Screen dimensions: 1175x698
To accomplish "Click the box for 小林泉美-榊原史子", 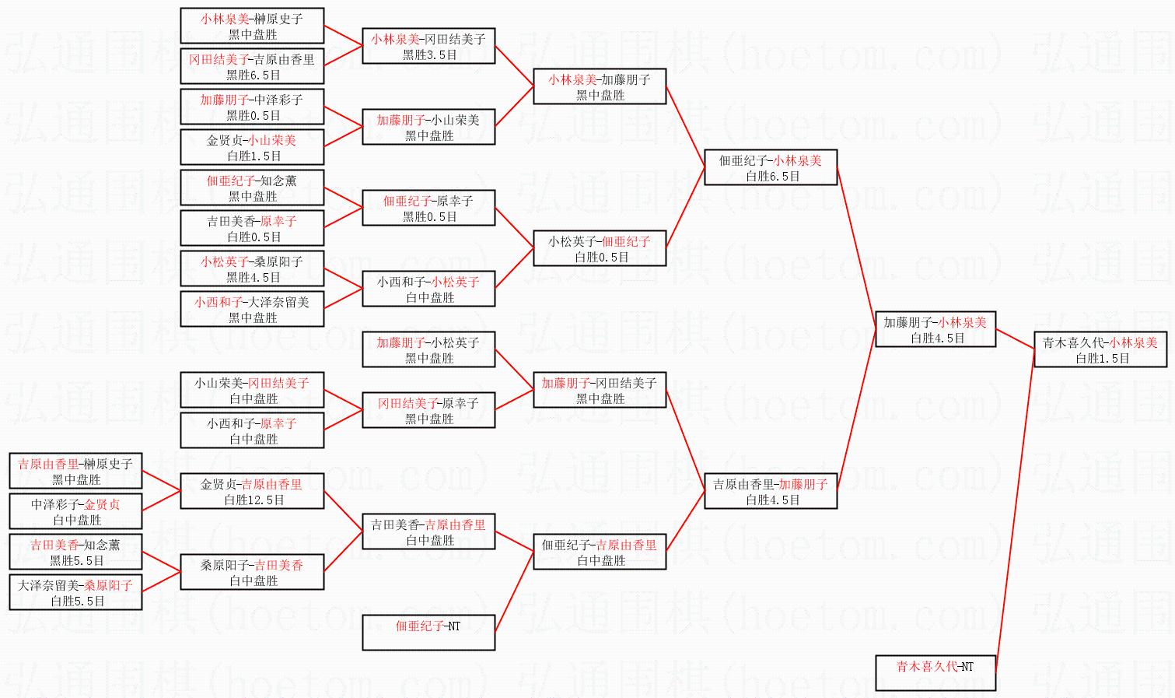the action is [x=252, y=26].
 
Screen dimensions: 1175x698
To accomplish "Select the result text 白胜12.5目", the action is [x=254, y=500].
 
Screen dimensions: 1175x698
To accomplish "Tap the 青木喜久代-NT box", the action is [x=935, y=673].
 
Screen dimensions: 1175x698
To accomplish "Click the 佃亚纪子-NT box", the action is [x=428, y=633].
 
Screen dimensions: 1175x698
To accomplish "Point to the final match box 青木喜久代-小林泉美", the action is [x=1100, y=349].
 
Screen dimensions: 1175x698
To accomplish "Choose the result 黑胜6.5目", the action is [x=254, y=75].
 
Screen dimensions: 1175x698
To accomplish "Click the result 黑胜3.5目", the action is [x=429, y=55].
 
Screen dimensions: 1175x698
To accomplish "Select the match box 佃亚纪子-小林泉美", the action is [x=771, y=167].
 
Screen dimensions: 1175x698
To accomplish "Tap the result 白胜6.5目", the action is [x=773, y=177].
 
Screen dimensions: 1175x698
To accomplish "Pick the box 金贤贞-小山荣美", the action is [x=252, y=147].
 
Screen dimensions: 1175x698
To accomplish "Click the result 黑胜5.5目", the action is [x=76, y=561].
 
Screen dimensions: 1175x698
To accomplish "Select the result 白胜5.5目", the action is [x=77, y=602].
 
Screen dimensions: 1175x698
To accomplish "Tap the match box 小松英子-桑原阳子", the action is [x=252, y=268].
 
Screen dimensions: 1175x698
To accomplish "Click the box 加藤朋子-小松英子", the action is [x=428, y=349].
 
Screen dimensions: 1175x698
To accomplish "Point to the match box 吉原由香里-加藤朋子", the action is [x=771, y=491].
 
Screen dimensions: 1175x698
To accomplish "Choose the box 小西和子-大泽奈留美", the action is [x=252, y=309].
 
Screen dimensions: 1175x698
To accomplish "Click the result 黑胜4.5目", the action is [x=254, y=278].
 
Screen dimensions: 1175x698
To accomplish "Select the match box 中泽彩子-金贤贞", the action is [x=75, y=511].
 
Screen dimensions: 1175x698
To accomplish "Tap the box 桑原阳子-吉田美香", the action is [x=252, y=572].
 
